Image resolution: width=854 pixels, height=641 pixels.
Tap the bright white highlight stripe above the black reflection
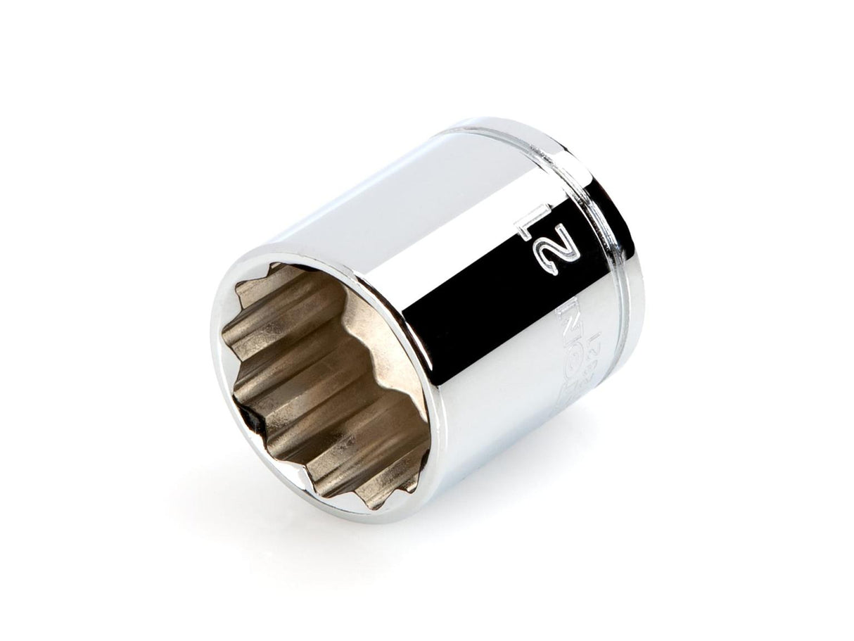point(422,232)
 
